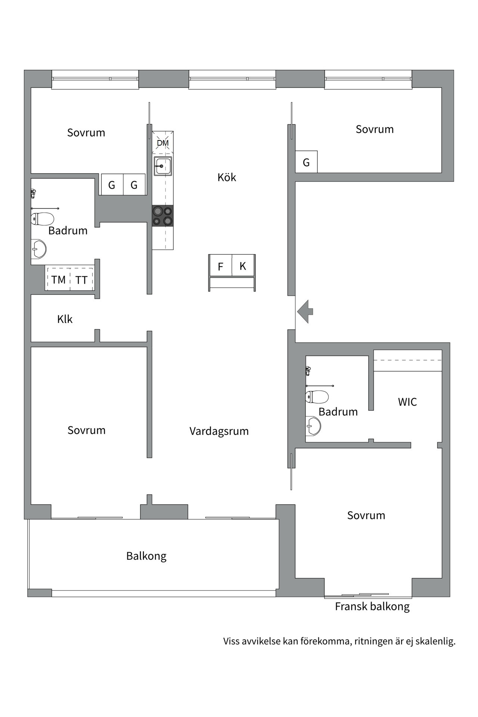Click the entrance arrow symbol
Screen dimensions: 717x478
(x=305, y=311)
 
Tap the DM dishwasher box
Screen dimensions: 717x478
(x=162, y=142)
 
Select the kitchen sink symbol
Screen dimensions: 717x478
(x=163, y=166)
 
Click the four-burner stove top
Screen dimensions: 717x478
(x=163, y=216)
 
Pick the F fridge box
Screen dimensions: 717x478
(x=220, y=266)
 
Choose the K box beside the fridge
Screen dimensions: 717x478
(x=243, y=266)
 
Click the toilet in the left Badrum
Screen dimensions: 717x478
(x=42, y=218)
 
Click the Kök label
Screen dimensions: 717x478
(x=227, y=177)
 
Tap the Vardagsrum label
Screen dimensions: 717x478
(x=219, y=431)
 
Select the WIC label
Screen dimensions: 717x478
(x=407, y=402)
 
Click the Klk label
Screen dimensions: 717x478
(x=65, y=319)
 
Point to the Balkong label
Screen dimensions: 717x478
(x=146, y=556)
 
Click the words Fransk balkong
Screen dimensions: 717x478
(x=372, y=606)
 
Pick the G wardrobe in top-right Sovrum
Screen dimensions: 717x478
(x=306, y=162)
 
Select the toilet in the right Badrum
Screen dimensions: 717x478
(x=317, y=397)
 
